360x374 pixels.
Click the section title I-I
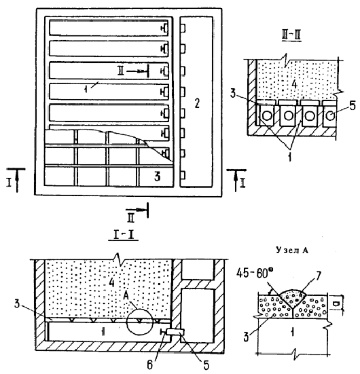(124, 234)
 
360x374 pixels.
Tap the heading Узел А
(292, 250)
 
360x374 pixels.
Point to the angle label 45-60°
(255, 274)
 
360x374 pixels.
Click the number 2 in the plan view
(197, 103)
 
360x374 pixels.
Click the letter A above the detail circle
(126, 296)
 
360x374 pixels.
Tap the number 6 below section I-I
(150, 365)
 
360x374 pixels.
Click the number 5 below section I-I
(206, 365)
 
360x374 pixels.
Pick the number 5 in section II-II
(353, 105)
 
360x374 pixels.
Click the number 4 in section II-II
(295, 85)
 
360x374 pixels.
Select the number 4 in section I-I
(111, 283)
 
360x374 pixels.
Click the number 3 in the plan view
(158, 176)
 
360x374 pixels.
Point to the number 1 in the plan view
(86, 89)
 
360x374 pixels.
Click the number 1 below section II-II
(289, 157)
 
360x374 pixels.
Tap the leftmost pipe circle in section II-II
(267, 116)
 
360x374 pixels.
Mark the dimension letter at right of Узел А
(336, 304)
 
